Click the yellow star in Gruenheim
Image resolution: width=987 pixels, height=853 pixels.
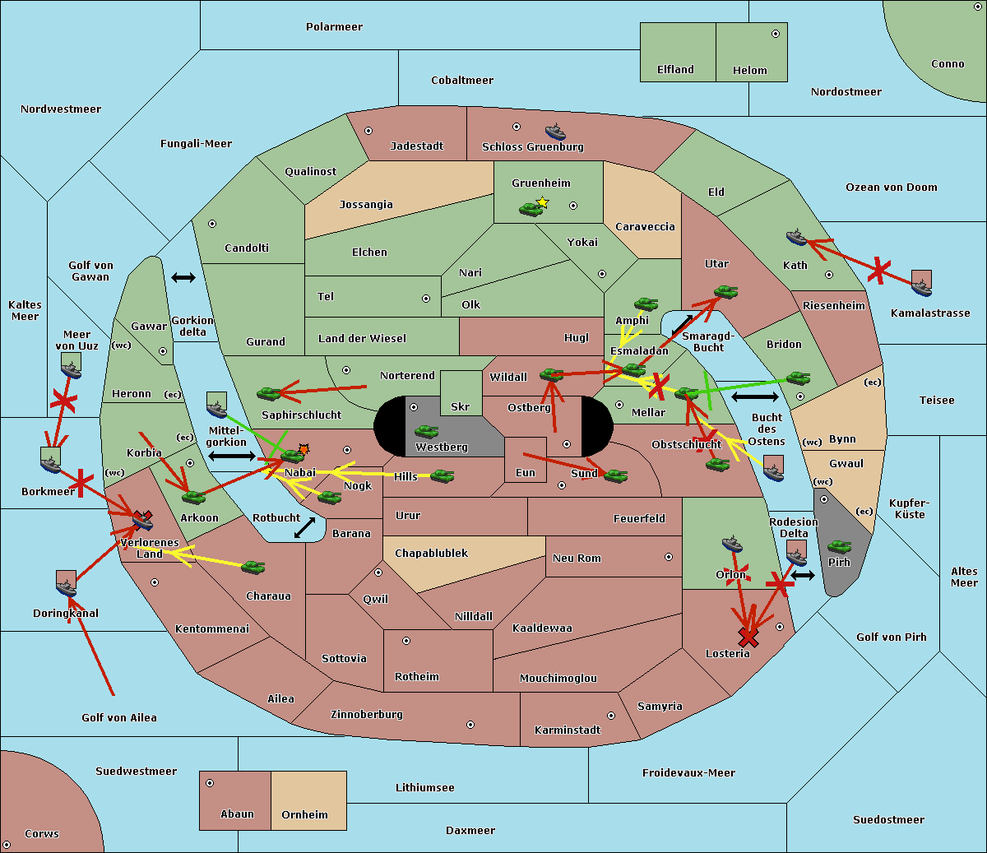click(542, 202)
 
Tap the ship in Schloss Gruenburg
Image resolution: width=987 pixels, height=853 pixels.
click(555, 132)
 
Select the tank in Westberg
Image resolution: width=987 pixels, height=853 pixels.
click(426, 432)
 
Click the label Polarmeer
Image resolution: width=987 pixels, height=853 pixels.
click(334, 27)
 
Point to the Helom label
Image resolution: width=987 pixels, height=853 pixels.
click(749, 71)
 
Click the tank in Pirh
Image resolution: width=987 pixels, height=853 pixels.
click(839, 546)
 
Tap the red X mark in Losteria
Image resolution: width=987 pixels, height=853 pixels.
click(748, 637)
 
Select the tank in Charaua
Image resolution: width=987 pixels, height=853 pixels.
click(253, 567)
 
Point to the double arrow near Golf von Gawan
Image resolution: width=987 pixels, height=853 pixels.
click(183, 277)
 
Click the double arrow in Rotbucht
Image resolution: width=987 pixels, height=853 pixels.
click(304, 527)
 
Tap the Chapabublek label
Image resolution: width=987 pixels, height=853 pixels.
click(431, 554)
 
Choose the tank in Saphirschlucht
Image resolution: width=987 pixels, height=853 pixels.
click(269, 394)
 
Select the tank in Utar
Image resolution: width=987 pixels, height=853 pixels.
click(725, 292)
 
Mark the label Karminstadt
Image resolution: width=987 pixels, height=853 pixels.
click(567, 730)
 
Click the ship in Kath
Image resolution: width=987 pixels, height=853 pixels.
click(796, 238)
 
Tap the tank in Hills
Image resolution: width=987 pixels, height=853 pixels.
click(442, 475)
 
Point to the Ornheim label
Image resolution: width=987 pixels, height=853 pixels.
click(304, 815)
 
